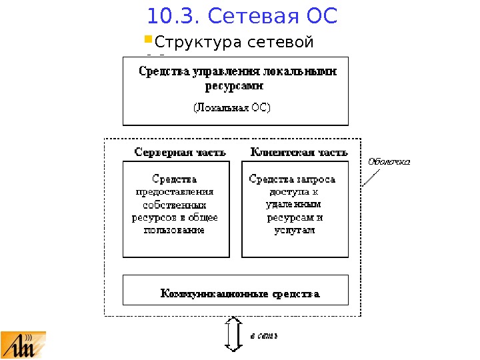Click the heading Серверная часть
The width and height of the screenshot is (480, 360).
point(180,152)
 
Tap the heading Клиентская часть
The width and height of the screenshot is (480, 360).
point(299,152)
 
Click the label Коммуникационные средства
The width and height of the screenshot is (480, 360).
point(241,293)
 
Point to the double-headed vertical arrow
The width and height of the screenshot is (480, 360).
point(233,333)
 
